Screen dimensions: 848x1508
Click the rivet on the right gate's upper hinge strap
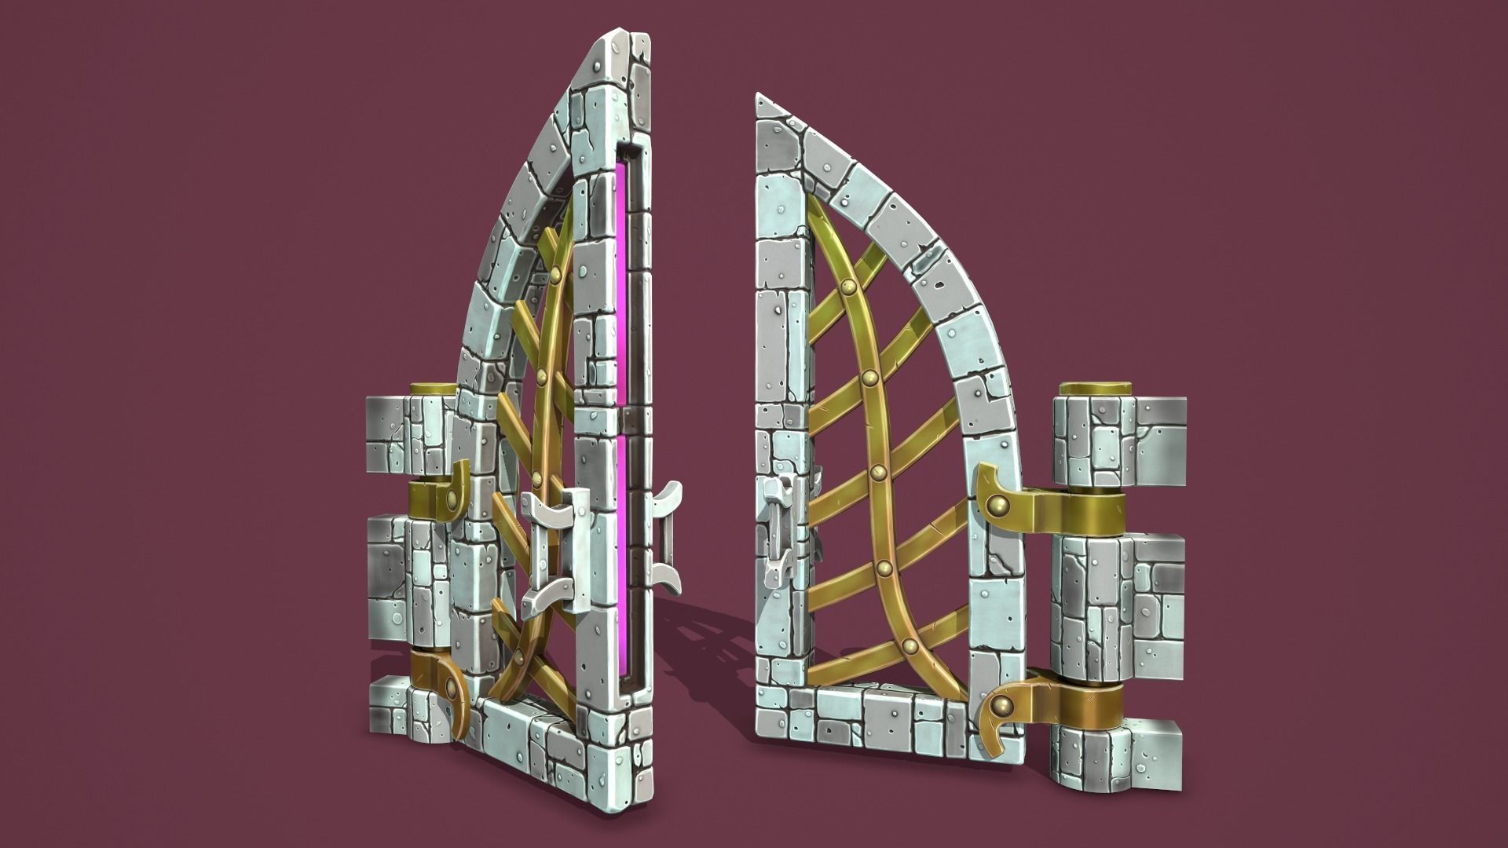point(997,503)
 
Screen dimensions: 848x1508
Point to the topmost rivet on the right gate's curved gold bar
point(848,286)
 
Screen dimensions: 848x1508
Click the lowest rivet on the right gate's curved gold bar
point(910,647)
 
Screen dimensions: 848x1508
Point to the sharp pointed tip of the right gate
point(759,96)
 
